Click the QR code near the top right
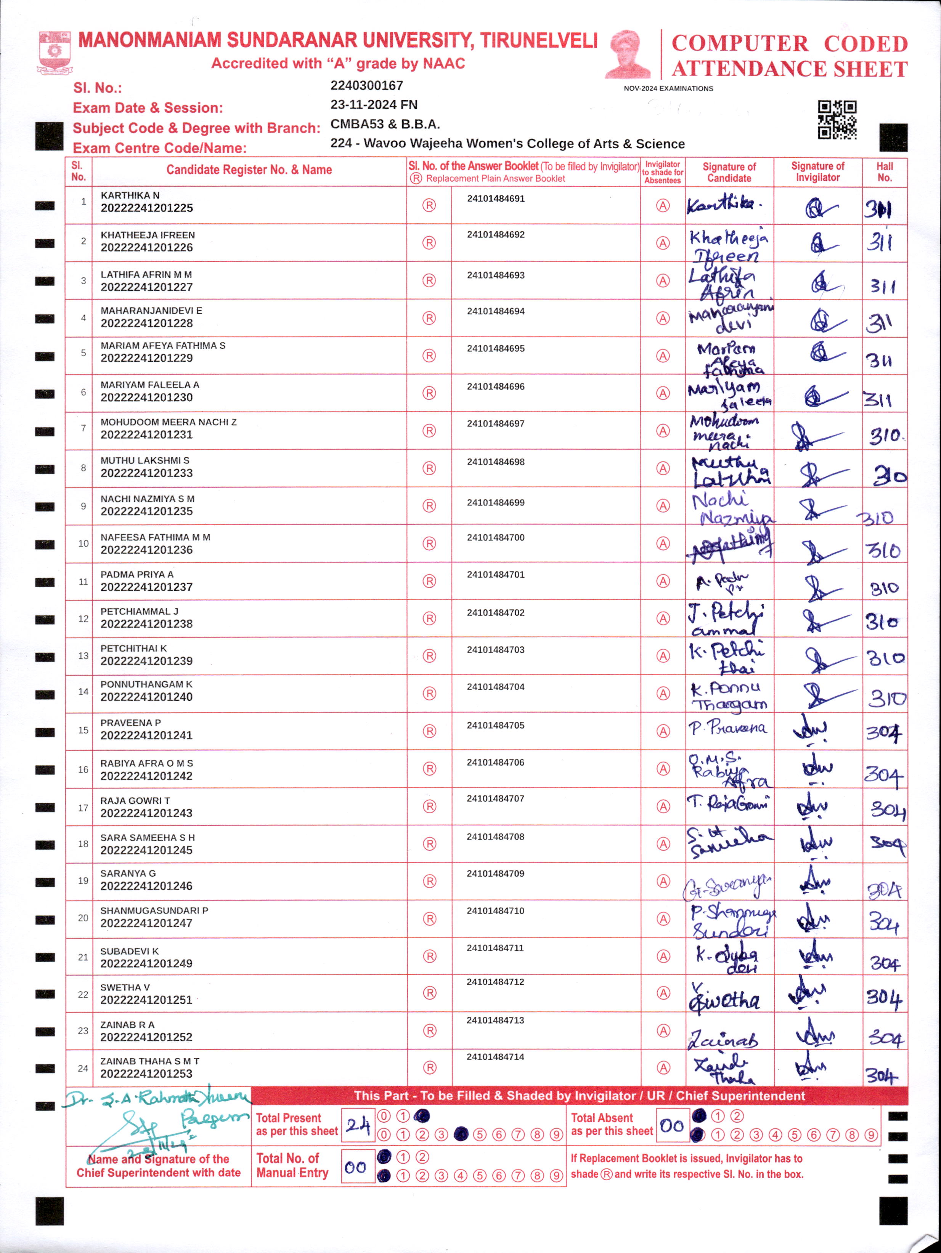(837, 120)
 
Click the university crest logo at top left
(55, 53)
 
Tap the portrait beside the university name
(628, 54)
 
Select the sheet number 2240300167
(367, 85)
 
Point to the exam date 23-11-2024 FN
(374, 105)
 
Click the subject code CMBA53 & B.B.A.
(385, 124)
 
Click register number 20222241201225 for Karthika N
(147, 208)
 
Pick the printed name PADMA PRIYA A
(137, 574)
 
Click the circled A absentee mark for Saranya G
(663, 881)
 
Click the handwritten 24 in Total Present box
(358, 1125)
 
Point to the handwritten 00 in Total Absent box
(672, 1125)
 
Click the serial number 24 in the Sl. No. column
(83, 1068)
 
